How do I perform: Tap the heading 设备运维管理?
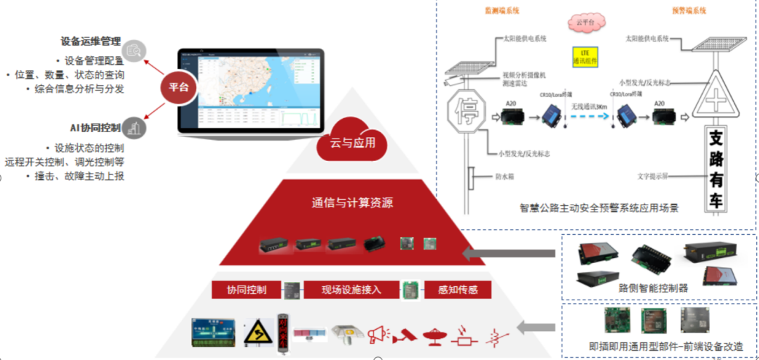[x=91, y=41]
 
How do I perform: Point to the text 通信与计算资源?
[x=352, y=203]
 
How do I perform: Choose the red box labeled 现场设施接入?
[x=351, y=289]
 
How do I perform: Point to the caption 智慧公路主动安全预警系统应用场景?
[x=599, y=208]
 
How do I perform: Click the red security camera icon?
[x=405, y=335]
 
